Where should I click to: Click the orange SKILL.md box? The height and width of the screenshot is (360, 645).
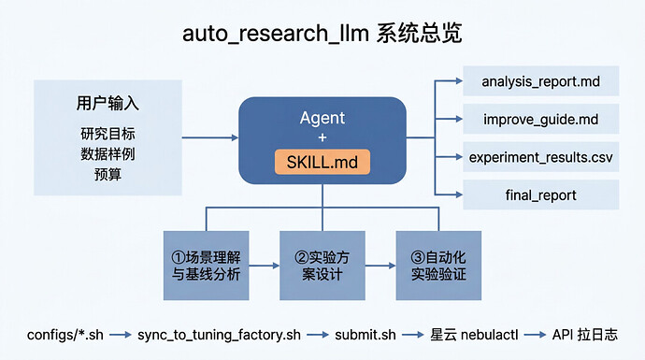(322, 162)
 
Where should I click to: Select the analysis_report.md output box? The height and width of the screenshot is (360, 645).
(541, 81)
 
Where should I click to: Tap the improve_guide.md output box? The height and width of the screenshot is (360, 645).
(541, 119)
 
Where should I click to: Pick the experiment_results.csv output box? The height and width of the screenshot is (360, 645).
(541, 157)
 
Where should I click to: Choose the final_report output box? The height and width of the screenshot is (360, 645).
(541, 194)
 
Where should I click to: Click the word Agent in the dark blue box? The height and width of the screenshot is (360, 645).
(322, 118)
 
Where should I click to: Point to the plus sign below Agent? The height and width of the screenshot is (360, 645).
(322, 137)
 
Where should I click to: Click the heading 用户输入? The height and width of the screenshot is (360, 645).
(107, 103)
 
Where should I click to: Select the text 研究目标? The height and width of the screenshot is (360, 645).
(107, 134)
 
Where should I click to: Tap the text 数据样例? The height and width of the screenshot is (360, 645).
(107, 154)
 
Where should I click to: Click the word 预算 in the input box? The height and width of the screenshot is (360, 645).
(107, 174)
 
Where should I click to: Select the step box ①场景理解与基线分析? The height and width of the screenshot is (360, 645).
(206, 266)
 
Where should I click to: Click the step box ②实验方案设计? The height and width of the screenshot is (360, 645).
(322, 266)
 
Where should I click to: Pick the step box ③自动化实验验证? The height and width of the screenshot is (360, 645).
(438, 266)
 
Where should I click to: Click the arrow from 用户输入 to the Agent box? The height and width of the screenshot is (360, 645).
(210, 137)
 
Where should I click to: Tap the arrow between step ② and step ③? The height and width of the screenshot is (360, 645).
(380, 266)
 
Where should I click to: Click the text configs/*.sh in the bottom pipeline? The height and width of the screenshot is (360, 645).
(65, 335)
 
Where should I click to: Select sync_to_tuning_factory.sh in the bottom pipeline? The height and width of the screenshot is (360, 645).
(219, 335)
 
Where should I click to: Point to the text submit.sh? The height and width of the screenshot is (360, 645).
(365, 335)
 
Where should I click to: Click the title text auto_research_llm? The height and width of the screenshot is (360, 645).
(275, 34)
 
